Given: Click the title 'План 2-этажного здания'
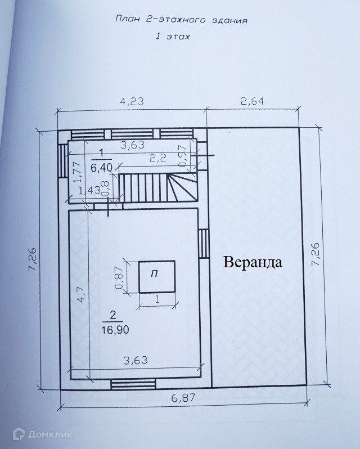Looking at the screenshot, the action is coord(181,21).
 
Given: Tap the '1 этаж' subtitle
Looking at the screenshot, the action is coord(173,38).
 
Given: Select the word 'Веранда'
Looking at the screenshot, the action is coord(252,262).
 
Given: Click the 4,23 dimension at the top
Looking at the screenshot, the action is coord(132,102).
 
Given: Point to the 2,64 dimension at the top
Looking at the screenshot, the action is coord(252,102).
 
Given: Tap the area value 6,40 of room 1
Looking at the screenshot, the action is coord(101,167).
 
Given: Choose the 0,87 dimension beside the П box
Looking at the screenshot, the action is coord(119,277).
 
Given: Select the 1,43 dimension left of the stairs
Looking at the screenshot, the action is coord(89,190).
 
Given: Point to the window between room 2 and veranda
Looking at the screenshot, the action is coord(204,243).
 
